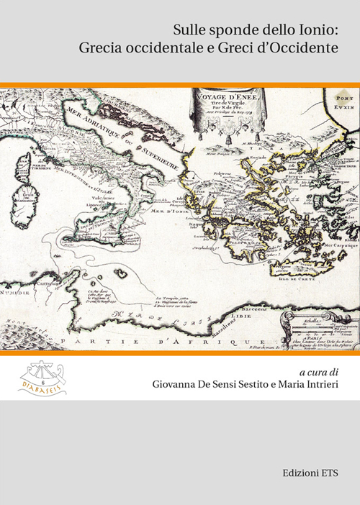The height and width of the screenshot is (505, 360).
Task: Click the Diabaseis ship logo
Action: (41, 378)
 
